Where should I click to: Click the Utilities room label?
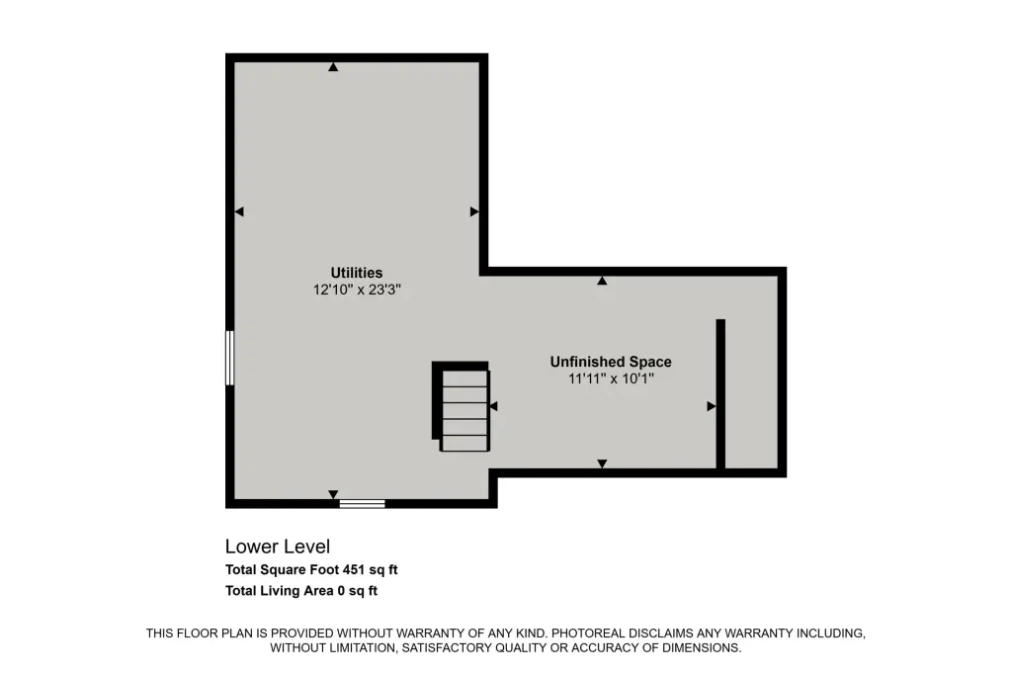[x=356, y=273]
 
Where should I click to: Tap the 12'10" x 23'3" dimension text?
[x=357, y=290]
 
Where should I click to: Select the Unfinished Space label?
[x=611, y=362]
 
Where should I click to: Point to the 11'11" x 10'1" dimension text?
[x=611, y=379]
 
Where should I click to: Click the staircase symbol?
[x=461, y=406]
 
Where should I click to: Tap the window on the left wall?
[x=229, y=358]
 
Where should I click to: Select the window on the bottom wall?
[x=362, y=504]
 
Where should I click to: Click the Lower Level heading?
[x=278, y=547]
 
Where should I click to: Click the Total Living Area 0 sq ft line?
[x=301, y=590]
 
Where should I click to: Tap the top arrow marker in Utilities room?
[x=333, y=66]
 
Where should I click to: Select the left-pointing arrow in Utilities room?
[x=239, y=211]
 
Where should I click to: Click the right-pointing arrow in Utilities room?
[x=474, y=211]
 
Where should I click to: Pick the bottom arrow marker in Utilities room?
[x=333, y=494]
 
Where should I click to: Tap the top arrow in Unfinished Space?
[x=602, y=281]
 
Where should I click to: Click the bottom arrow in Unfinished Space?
[x=602, y=463]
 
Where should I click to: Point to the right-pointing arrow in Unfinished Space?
[x=712, y=406]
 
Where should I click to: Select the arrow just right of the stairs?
[x=494, y=406]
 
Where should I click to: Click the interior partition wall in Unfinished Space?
[x=720, y=393]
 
